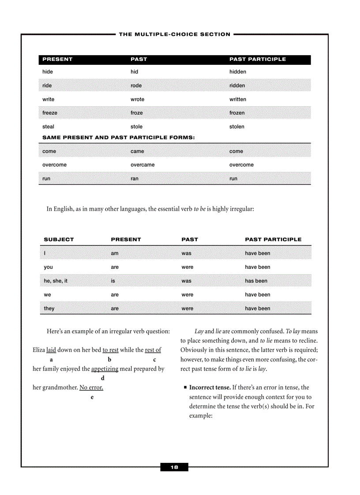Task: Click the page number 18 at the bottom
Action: click(174, 467)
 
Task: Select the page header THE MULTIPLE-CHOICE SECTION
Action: click(175, 34)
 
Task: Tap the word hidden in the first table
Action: click(238, 72)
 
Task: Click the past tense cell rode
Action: click(136, 86)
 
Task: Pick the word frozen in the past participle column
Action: click(237, 113)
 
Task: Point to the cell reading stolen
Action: click(237, 127)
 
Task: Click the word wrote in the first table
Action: click(137, 100)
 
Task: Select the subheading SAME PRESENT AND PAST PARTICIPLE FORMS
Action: click(118, 138)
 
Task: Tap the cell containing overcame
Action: click(142, 165)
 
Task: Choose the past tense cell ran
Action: click(135, 179)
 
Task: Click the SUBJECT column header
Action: click(59, 239)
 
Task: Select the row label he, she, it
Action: click(56, 281)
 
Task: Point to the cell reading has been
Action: click(256, 281)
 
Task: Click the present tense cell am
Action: click(115, 253)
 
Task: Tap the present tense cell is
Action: click(113, 281)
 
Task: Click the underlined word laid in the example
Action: click(51, 350)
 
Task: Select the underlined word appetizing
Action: click(105, 369)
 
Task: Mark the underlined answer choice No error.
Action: click(91, 388)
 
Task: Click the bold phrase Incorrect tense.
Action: click(210, 387)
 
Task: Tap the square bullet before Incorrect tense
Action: click(185, 388)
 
